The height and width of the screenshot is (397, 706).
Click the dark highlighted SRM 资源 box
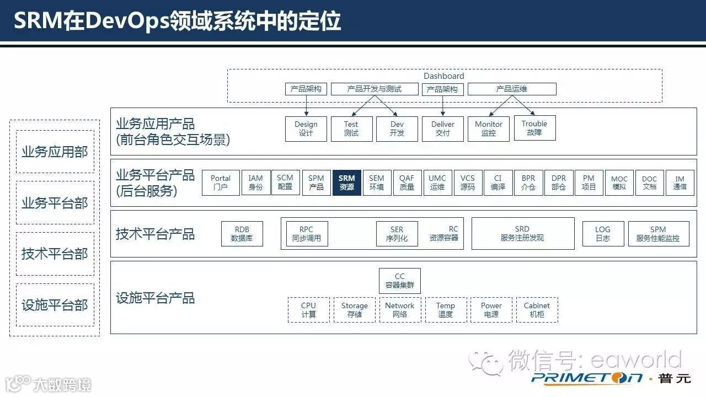[x=346, y=183]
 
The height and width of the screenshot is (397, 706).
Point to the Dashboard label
[x=443, y=76]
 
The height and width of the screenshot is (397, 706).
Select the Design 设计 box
[x=306, y=128]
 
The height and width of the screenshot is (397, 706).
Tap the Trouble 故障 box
[x=534, y=128]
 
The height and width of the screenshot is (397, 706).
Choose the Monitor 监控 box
[x=488, y=128]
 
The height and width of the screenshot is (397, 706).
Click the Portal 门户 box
[x=221, y=183]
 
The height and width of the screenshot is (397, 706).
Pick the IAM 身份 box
[x=255, y=183]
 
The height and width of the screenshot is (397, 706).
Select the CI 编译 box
[x=498, y=183]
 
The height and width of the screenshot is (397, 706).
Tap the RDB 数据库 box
[x=242, y=234]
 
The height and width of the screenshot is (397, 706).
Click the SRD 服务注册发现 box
[x=522, y=233]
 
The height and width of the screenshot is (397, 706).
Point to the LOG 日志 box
[x=603, y=234]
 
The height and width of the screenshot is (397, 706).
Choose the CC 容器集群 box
[x=399, y=281]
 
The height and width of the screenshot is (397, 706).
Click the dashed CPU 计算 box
[x=308, y=310]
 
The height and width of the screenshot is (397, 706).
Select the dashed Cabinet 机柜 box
[x=537, y=310]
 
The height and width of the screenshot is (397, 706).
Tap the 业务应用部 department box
[x=55, y=152]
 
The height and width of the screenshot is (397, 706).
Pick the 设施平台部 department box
[x=55, y=305]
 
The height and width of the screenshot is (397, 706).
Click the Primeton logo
[x=587, y=378]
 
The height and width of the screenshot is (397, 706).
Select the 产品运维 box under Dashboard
[x=511, y=89]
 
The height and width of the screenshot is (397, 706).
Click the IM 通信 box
[x=680, y=183]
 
